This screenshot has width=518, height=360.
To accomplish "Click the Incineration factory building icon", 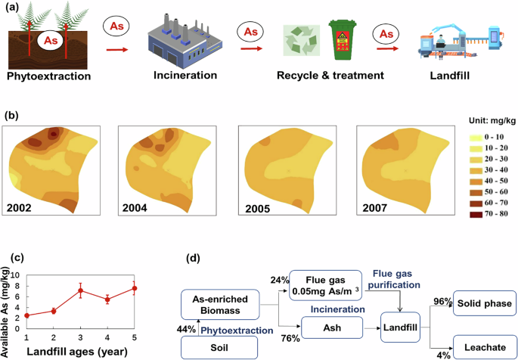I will coord(175,41).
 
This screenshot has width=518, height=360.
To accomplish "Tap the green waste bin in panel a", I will coord(344,42).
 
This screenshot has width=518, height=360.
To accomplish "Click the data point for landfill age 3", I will coord(80,290).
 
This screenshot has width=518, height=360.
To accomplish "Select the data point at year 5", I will coord(134,288).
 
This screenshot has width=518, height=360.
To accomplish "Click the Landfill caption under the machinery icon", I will coord(461,75).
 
